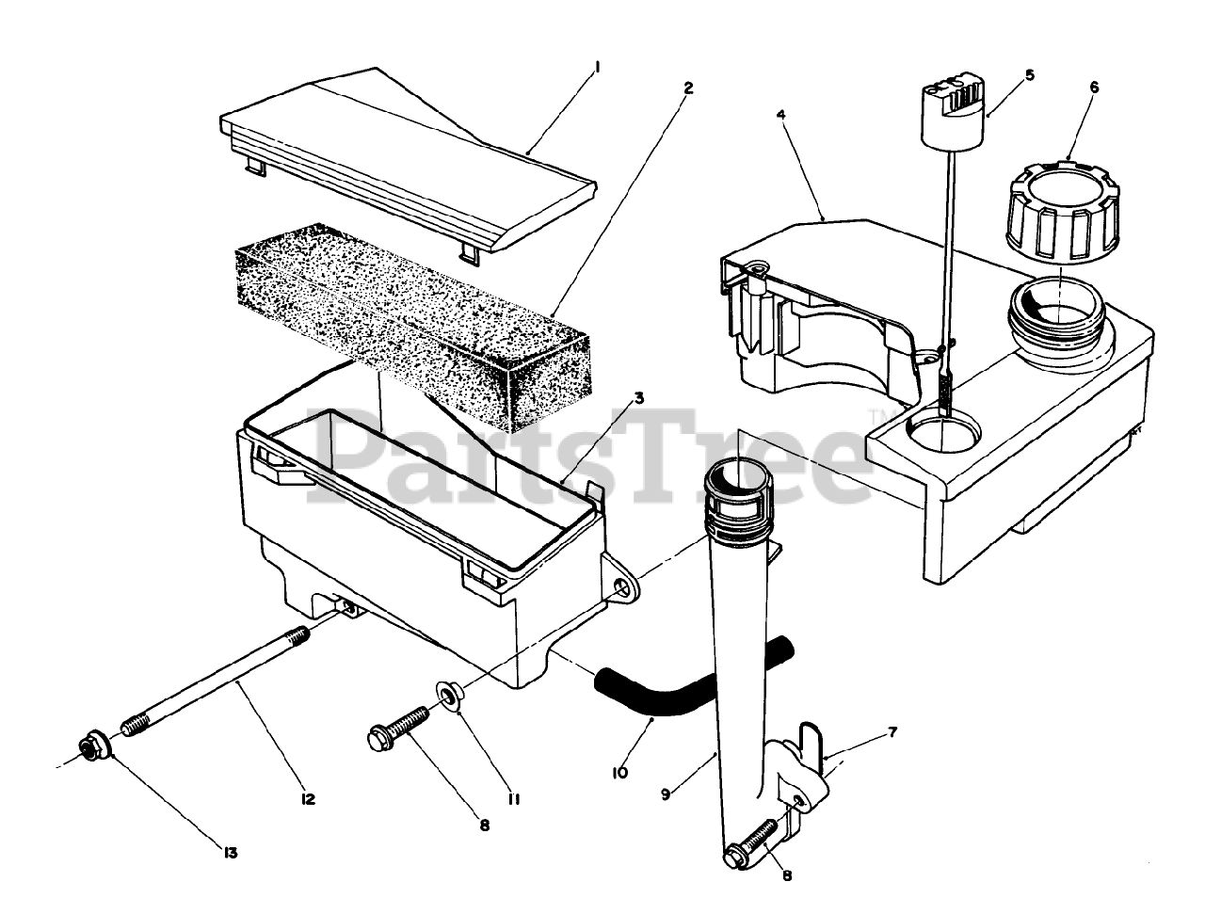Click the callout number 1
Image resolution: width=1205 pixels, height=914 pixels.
(597, 67)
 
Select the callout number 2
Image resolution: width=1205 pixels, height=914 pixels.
(688, 88)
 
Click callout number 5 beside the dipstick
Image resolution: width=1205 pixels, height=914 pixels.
(1029, 75)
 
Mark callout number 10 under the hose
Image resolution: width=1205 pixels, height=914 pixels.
(618, 774)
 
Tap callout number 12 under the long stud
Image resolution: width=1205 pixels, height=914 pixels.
(308, 799)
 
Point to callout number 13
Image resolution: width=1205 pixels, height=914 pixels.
(231, 853)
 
